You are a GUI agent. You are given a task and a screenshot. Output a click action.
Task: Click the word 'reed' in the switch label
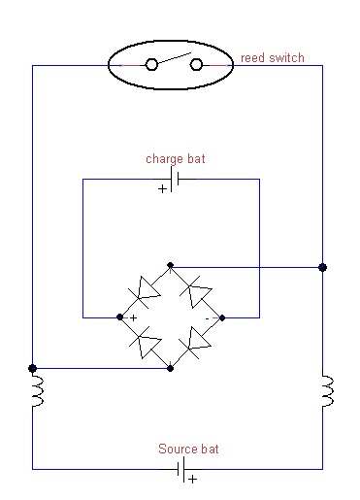(x=253, y=58)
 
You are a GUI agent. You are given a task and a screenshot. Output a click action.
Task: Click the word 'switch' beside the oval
(x=286, y=58)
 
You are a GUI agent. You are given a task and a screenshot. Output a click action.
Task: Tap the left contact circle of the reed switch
(x=151, y=64)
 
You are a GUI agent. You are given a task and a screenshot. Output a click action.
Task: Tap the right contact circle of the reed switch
(x=196, y=64)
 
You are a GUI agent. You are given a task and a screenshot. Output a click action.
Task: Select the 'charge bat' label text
(x=176, y=159)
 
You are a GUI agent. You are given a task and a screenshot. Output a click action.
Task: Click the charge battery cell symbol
(x=175, y=179)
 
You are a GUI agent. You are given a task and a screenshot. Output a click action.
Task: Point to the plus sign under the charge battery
(x=162, y=188)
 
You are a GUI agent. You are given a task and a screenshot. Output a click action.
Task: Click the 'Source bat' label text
(x=188, y=449)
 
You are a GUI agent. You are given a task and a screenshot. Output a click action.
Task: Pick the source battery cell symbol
(x=180, y=469)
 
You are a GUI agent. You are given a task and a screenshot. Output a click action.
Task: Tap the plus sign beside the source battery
(x=193, y=479)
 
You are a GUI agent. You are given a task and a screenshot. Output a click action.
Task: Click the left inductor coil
(x=37, y=390)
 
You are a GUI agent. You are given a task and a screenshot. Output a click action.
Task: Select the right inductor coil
(x=328, y=390)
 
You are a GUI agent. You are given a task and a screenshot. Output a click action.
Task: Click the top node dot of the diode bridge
(x=171, y=265)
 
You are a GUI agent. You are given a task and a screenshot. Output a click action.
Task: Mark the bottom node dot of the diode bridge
(x=171, y=368)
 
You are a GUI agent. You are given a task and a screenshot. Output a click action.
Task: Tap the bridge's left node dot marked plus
(x=120, y=317)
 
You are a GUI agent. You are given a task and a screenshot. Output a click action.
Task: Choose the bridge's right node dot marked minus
(x=222, y=317)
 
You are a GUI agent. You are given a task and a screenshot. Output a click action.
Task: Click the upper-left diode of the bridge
(x=145, y=292)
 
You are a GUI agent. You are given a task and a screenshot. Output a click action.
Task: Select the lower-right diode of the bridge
(x=196, y=343)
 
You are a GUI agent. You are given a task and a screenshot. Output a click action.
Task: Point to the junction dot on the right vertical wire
(x=322, y=267)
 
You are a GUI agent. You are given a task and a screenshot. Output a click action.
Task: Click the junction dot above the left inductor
(x=32, y=368)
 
